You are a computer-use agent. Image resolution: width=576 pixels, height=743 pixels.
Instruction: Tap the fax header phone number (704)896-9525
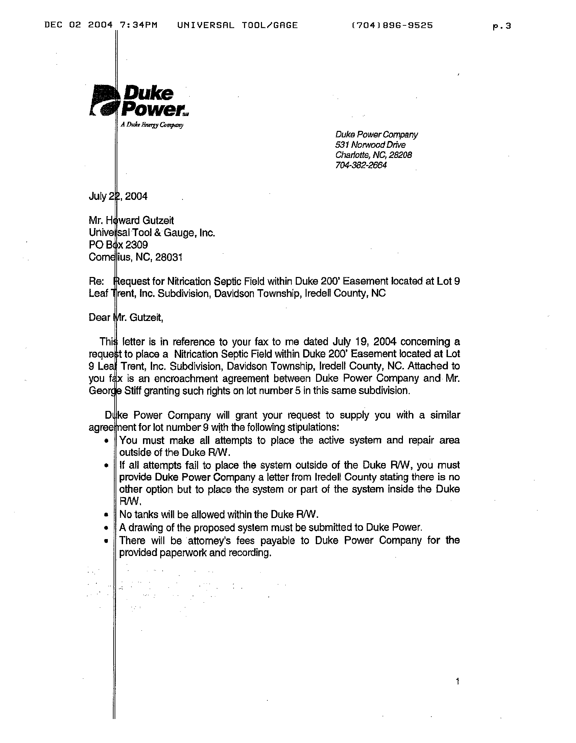point(392,25)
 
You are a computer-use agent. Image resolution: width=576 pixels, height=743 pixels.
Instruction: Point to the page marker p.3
point(502,26)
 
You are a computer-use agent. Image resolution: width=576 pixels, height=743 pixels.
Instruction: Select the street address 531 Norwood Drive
point(370,145)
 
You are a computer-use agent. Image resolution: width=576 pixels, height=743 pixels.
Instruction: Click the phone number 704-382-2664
point(361,165)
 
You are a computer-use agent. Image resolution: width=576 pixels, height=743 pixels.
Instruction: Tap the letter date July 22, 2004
point(118,196)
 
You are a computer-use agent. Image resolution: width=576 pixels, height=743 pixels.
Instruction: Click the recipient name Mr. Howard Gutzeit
point(131,220)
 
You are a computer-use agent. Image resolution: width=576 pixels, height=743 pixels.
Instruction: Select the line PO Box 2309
point(118,245)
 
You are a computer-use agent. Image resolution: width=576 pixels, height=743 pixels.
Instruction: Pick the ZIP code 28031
point(169,257)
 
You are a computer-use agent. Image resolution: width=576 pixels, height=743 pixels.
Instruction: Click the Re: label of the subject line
point(96,281)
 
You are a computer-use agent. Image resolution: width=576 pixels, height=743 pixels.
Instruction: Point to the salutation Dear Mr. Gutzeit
point(126,318)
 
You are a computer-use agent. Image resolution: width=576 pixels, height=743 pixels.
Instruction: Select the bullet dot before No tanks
point(106,515)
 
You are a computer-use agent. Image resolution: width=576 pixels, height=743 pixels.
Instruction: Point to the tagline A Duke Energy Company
point(152,125)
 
